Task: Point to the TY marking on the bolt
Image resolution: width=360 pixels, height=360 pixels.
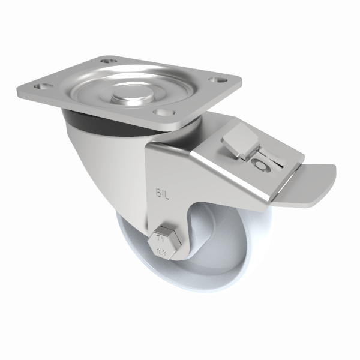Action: click(160, 238)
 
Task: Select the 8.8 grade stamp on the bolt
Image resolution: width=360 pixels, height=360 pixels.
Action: click(161, 252)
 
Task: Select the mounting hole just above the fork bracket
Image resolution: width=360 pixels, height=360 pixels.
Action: click(161, 112)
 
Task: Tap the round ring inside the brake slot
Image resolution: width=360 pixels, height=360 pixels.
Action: click(260, 165)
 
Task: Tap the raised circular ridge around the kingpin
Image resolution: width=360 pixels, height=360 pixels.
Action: click(105, 96)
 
